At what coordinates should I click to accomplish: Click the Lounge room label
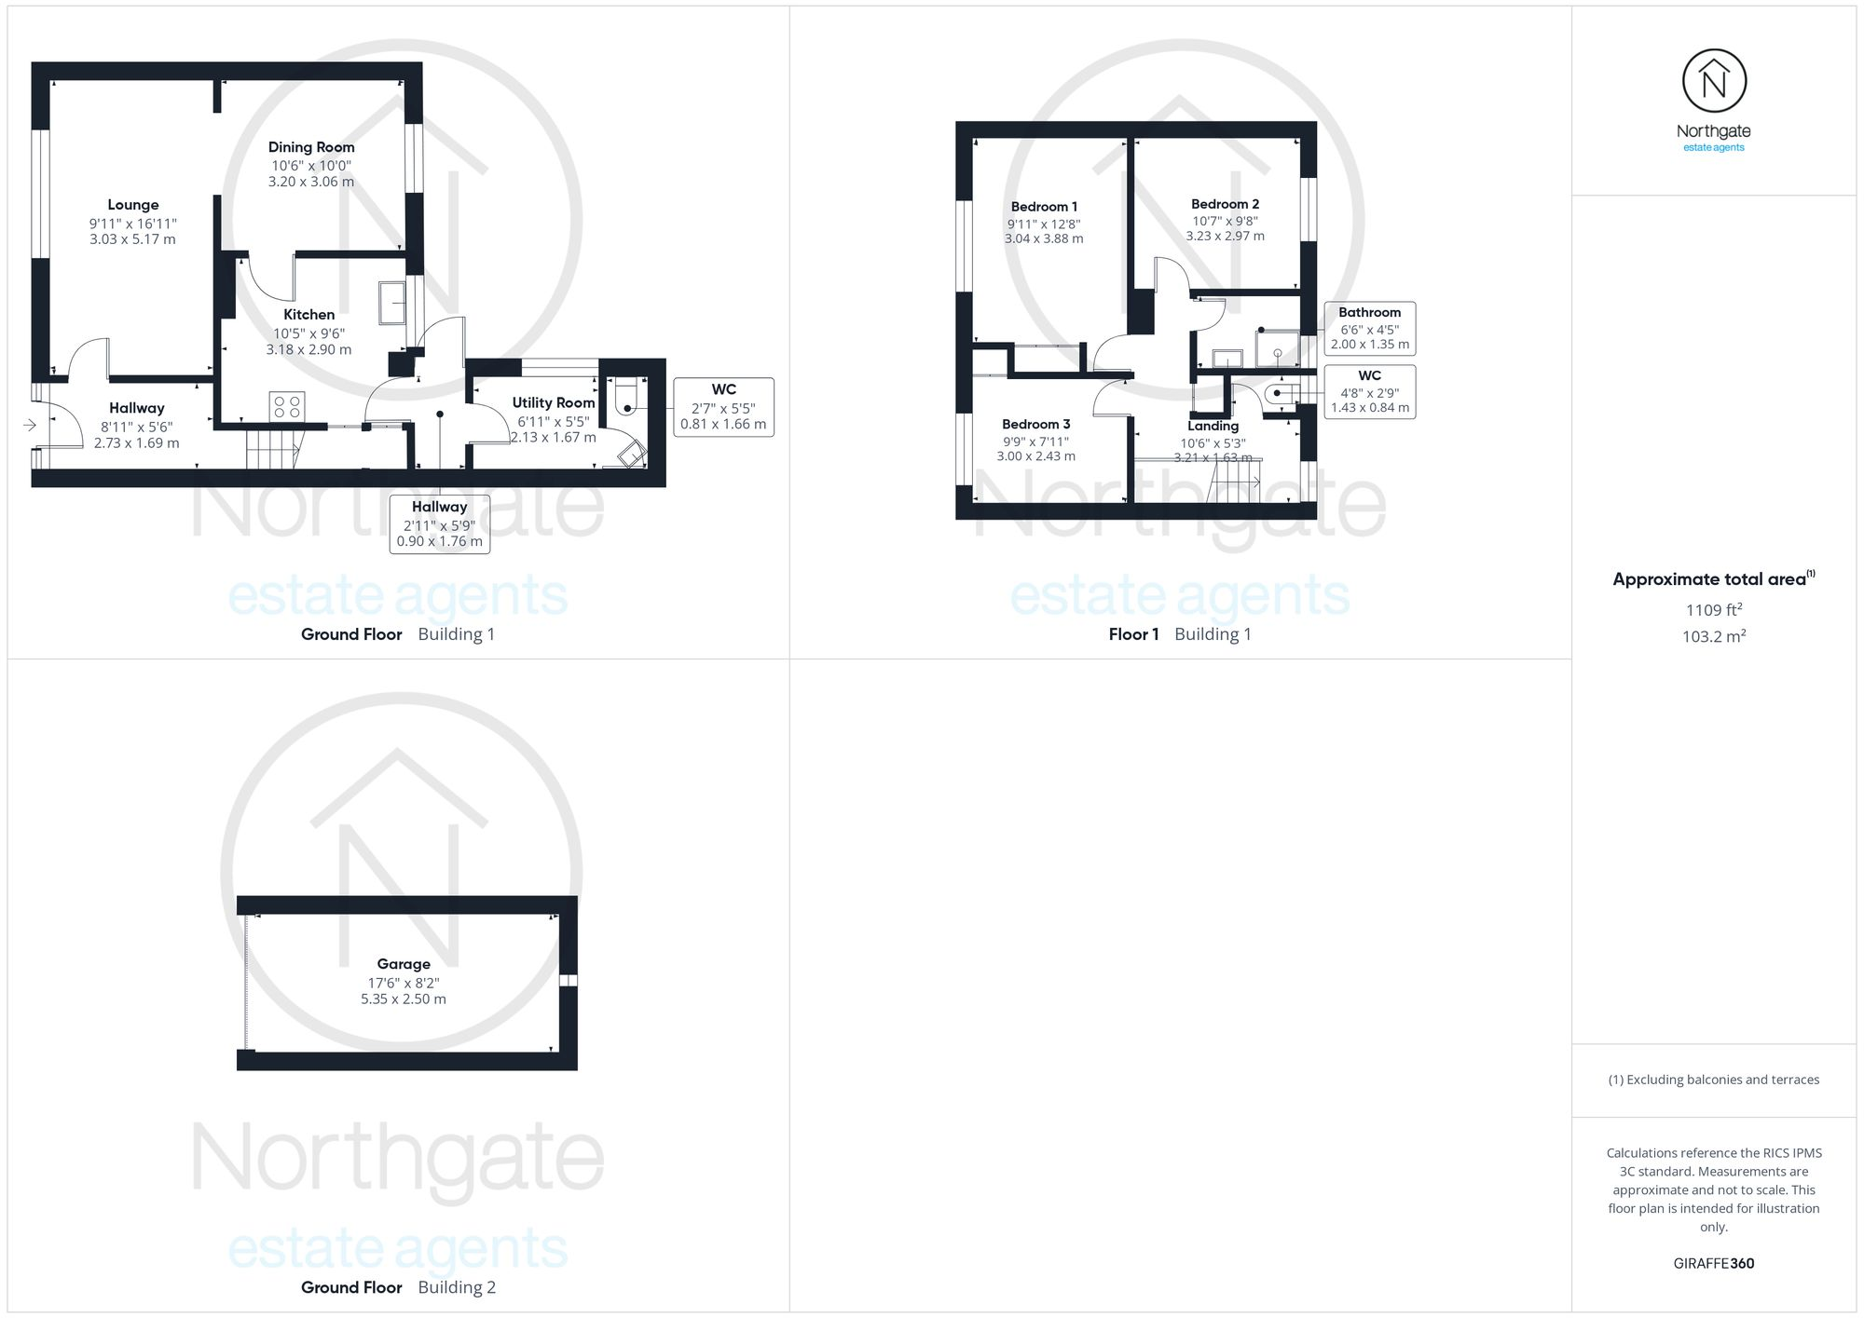133,205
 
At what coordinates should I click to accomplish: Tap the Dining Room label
311,147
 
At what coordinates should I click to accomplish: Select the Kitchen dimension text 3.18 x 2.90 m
308,350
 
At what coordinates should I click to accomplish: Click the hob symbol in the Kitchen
286,406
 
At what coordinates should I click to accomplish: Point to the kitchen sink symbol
392,303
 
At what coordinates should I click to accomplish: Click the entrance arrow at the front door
30,426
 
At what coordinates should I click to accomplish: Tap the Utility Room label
554,402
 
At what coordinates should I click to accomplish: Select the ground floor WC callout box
723,407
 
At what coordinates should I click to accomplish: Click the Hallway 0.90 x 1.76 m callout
440,524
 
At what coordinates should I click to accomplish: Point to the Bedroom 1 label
1044,207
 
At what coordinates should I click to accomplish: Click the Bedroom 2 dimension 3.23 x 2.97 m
1225,237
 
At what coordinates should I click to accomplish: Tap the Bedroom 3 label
1035,424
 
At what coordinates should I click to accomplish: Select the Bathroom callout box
1369,328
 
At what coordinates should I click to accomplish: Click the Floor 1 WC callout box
1369,391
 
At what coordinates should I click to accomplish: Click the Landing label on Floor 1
1213,426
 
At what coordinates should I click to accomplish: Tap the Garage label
404,964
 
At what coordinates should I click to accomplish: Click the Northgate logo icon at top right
1714,82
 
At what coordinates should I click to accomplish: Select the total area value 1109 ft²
1713,610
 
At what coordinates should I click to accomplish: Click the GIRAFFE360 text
1713,1264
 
